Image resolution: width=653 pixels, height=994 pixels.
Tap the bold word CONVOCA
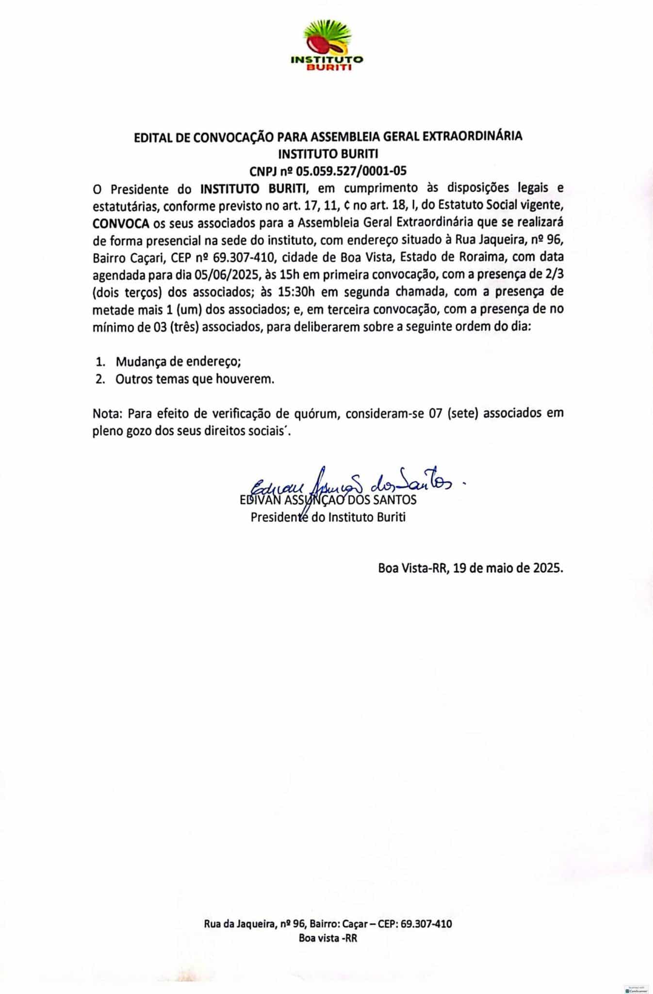121,224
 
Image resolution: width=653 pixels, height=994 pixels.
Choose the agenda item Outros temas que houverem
195,379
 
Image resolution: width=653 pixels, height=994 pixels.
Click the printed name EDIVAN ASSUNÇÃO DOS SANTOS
328,499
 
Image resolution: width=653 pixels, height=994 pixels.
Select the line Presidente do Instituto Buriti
328,517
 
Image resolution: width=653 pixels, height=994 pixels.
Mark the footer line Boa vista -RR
327,938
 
